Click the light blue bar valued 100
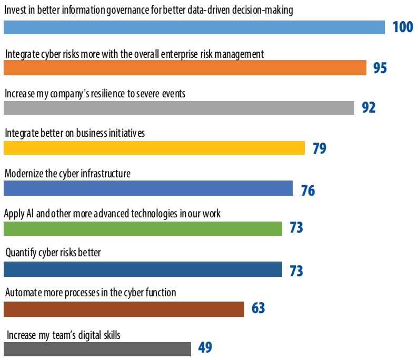coord(194,27)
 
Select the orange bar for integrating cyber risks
coord(185,68)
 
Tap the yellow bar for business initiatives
coord(154,148)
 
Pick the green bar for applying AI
coord(143,228)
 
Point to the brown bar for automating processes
coord(124,309)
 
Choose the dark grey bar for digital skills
coord(97,349)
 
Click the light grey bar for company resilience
coord(178,108)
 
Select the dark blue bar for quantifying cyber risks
coord(143,269)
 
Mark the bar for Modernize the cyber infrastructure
coord(148,188)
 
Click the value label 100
coord(403,27)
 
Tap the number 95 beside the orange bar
coord(380,68)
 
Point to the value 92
coord(369,107)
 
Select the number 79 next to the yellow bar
coord(319,148)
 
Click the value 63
coord(258,308)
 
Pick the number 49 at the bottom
coord(205,348)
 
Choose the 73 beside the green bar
coord(296,228)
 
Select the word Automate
coord(22,293)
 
